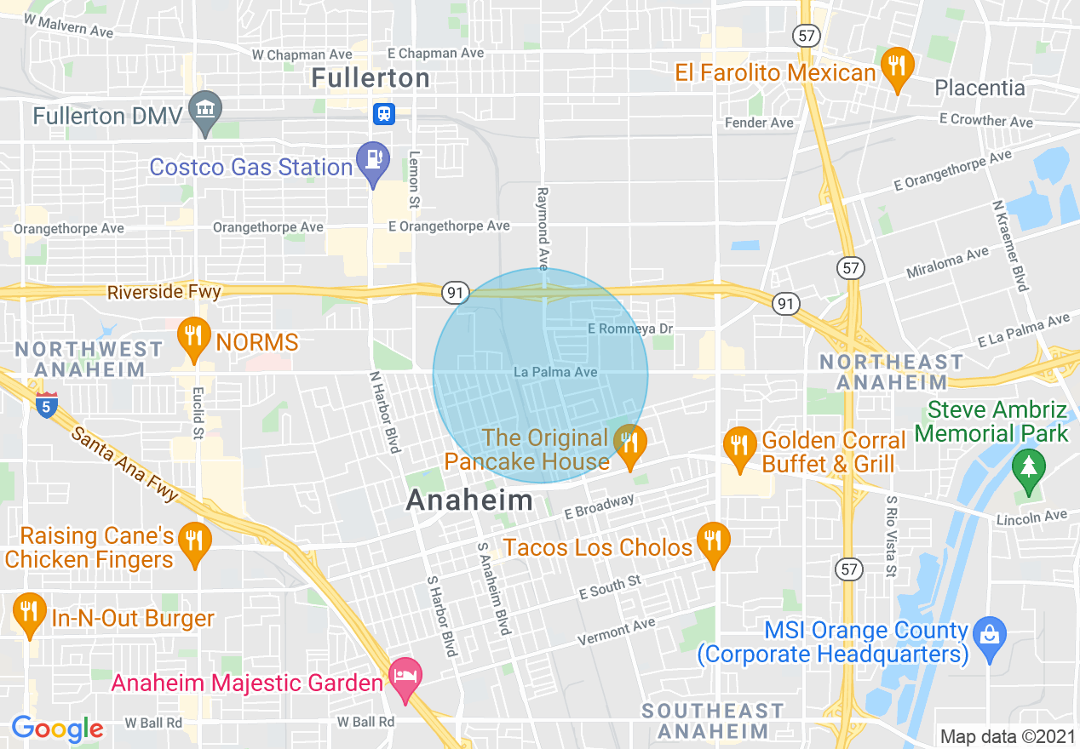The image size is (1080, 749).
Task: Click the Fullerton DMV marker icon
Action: coord(205,110)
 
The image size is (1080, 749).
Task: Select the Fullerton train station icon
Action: coord(383,114)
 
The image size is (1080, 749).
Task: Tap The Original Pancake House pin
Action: coord(629,444)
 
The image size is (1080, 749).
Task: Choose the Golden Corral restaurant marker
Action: coord(740,446)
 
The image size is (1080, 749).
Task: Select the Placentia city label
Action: coord(979,88)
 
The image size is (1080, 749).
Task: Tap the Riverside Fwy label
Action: coord(164,292)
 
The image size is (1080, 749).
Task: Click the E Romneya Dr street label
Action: coord(630,329)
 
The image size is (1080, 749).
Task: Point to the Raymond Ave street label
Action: coord(543,225)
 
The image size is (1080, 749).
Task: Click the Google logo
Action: coord(57,729)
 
